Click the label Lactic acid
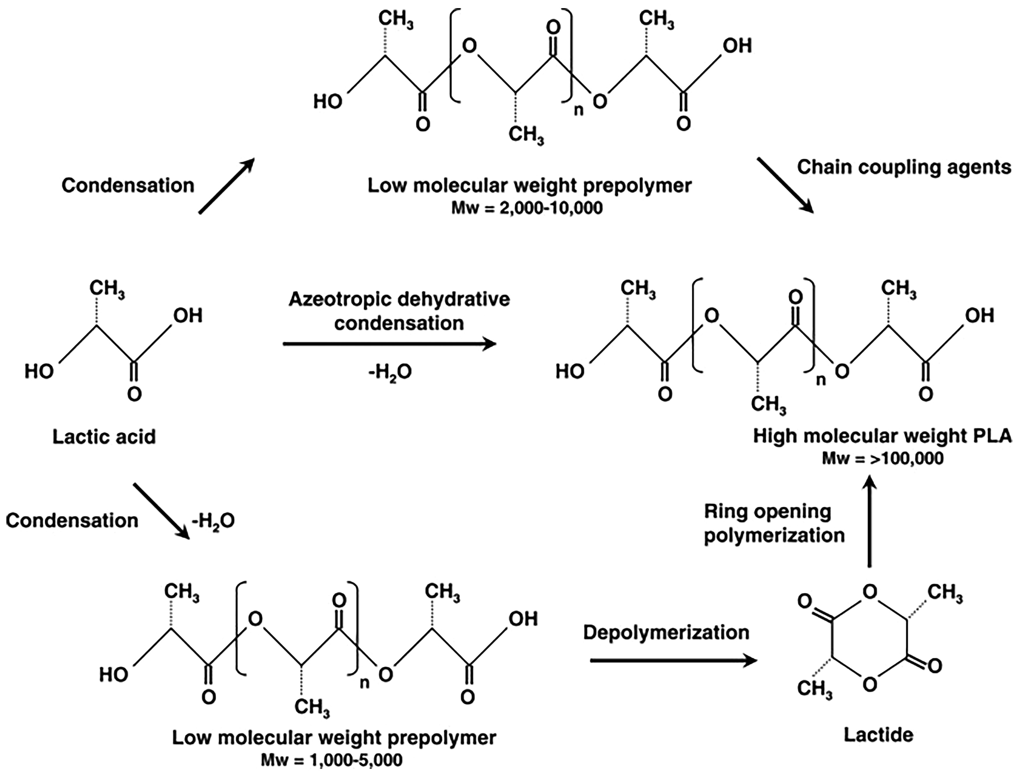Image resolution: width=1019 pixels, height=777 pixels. [104, 437]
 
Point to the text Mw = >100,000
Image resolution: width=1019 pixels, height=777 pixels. [883, 458]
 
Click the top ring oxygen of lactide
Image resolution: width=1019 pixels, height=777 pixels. [870, 592]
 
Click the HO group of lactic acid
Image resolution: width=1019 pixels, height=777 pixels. [39, 371]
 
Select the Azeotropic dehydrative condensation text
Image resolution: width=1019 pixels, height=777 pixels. [399, 311]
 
